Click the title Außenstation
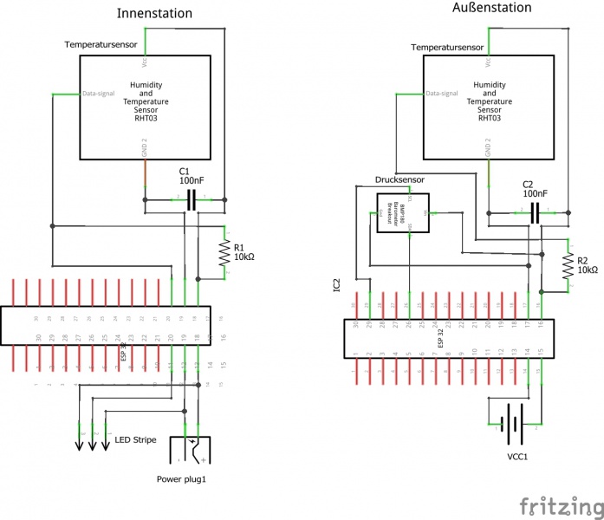pyautogui.click(x=492, y=8)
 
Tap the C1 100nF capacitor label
pyautogui.click(x=192, y=176)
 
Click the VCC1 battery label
pyautogui.click(x=517, y=456)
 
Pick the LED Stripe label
pyautogui.click(x=135, y=440)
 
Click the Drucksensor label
pyautogui.click(x=399, y=180)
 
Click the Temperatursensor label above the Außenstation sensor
pyautogui.click(x=447, y=47)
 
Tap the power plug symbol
pyautogui.click(x=192, y=451)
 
